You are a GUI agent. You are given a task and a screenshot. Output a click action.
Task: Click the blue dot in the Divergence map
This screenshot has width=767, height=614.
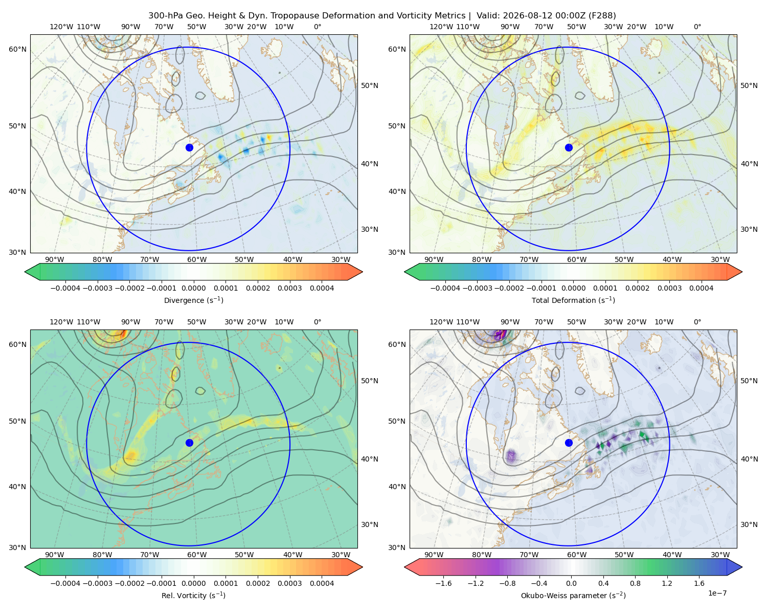[x=189, y=148]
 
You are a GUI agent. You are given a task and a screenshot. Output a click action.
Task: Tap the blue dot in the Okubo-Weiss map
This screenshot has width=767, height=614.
[x=569, y=443]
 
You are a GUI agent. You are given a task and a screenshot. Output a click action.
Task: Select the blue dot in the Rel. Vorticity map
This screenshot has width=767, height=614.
[x=189, y=443]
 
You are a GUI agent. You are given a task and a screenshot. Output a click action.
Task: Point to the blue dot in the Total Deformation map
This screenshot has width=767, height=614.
[x=569, y=148]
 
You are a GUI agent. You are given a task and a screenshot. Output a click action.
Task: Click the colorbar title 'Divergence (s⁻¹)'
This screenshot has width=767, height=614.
[x=193, y=300]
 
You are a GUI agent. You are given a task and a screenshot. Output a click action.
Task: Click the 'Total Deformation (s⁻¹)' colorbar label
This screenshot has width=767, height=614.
[x=573, y=300]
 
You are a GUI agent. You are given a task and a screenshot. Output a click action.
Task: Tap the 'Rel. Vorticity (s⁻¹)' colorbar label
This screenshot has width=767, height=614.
[x=193, y=595]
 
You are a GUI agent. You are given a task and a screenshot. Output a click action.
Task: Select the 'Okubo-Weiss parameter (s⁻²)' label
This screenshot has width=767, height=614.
[x=573, y=595]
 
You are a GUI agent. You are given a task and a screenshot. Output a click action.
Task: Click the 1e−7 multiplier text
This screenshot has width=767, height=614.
[x=717, y=593]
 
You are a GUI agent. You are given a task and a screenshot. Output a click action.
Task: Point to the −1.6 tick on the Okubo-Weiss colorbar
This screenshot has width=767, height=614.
[x=443, y=583]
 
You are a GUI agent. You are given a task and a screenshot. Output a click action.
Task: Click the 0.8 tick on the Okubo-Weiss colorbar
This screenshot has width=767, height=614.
[x=635, y=583]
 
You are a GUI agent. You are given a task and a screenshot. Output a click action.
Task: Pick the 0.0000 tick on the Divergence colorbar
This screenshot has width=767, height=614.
[x=193, y=288]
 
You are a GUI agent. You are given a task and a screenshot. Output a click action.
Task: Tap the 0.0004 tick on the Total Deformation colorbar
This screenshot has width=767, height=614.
[x=702, y=288]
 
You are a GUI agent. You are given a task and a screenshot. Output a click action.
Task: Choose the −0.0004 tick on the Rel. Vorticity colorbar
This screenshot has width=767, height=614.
[x=65, y=583]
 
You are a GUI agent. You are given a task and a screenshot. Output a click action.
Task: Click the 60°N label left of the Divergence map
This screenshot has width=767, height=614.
[x=17, y=49]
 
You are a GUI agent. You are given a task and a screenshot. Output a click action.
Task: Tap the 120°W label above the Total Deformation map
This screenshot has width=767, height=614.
[x=441, y=27]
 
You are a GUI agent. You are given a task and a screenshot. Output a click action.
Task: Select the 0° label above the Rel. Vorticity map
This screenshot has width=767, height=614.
[x=318, y=322]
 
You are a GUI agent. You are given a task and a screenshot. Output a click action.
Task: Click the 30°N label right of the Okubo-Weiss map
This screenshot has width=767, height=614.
[x=749, y=524]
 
